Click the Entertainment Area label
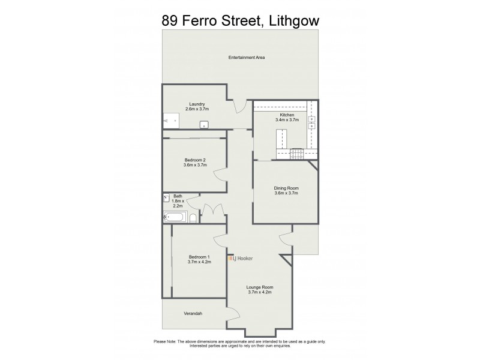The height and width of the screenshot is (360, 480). point(247,58)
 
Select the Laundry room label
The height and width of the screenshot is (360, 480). point(197,104)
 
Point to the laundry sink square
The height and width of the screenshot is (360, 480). point(204,125)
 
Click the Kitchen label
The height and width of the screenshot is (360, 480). point(286,115)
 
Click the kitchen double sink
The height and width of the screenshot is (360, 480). point(312,122)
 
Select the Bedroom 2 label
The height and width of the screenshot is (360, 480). point(195,160)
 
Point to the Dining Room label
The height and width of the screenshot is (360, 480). point(286,188)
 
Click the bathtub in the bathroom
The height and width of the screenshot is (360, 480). point(175,217)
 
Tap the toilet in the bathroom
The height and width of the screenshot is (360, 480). point(193,218)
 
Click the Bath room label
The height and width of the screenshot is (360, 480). point(178,196)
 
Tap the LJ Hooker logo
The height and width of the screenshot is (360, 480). point(240,258)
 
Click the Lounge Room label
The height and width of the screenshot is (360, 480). point(259,287)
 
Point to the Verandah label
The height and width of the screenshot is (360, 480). point(193,314)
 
